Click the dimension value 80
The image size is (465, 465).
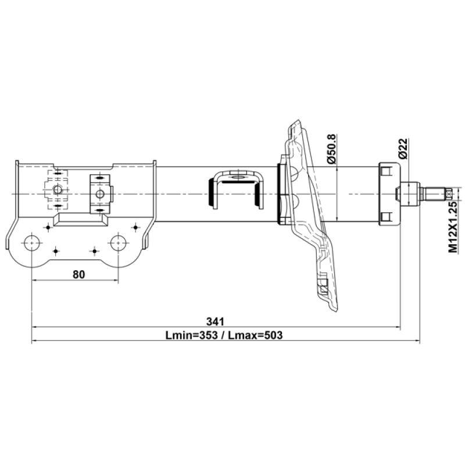[x=79, y=274]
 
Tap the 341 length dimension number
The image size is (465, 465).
[x=216, y=321]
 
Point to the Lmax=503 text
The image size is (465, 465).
[x=255, y=335]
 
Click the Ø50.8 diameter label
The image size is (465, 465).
[x=331, y=149]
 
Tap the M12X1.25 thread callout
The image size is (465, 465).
[x=453, y=227]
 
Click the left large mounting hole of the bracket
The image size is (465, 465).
[x=31, y=243]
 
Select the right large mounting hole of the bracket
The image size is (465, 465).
[x=119, y=243]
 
